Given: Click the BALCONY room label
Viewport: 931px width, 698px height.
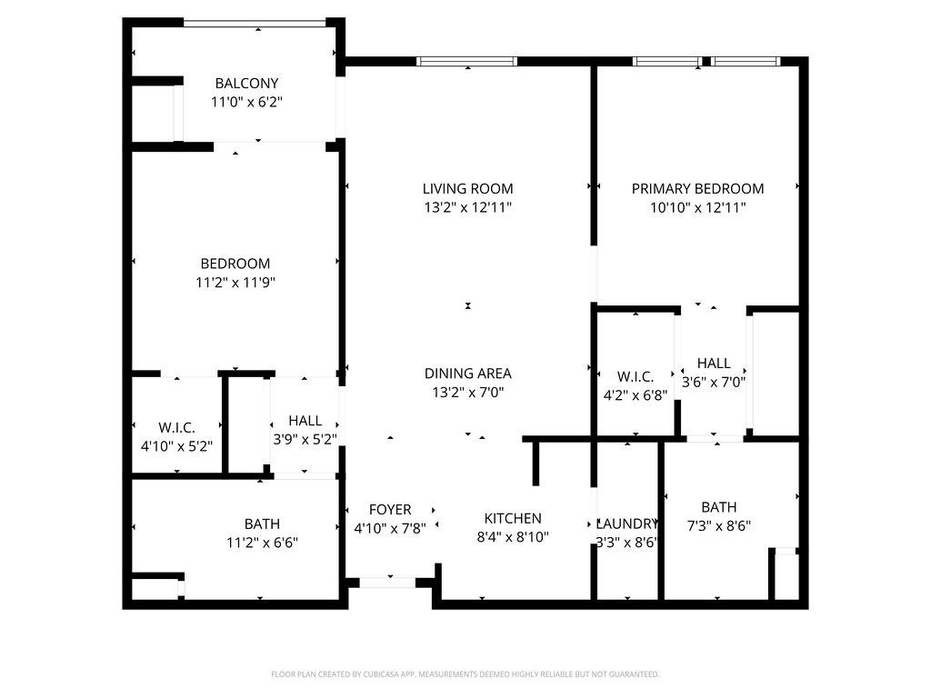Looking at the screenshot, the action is [x=246, y=83].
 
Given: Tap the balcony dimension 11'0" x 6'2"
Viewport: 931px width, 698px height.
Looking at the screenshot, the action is [x=246, y=102].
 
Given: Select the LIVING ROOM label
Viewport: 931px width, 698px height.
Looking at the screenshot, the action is [x=468, y=189].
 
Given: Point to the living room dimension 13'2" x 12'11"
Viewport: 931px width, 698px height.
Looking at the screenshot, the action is [x=468, y=208].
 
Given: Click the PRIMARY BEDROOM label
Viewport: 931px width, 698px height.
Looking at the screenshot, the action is [x=697, y=189].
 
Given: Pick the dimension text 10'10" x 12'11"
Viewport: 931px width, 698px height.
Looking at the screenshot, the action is [x=697, y=208].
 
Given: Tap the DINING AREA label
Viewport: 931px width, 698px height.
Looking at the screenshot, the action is [x=468, y=374].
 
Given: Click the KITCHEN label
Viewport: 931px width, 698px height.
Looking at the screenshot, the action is [x=513, y=518].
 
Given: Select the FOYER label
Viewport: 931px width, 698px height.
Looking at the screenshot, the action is [x=390, y=510].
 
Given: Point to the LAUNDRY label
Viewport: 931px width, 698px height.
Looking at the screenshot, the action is [x=627, y=523].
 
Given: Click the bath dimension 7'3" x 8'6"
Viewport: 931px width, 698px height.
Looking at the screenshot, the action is [x=719, y=526].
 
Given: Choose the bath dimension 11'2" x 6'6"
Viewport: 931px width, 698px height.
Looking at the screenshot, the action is [x=262, y=543].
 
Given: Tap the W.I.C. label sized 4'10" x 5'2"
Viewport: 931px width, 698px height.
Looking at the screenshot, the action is [x=177, y=427].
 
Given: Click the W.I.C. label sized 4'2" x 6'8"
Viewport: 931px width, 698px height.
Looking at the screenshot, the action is [x=636, y=376].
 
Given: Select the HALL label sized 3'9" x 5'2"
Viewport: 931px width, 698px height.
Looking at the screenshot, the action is [x=305, y=421].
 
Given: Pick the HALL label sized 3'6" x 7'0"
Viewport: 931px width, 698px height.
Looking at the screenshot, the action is [x=714, y=364].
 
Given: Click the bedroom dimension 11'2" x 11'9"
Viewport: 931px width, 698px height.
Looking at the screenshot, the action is [x=235, y=283].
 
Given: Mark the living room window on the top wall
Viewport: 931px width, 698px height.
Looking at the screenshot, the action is [x=466, y=61].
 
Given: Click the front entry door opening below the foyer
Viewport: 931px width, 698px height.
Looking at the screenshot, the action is [x=387, y=583].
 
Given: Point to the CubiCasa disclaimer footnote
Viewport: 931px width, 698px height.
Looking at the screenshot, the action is [x=465, y=674].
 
